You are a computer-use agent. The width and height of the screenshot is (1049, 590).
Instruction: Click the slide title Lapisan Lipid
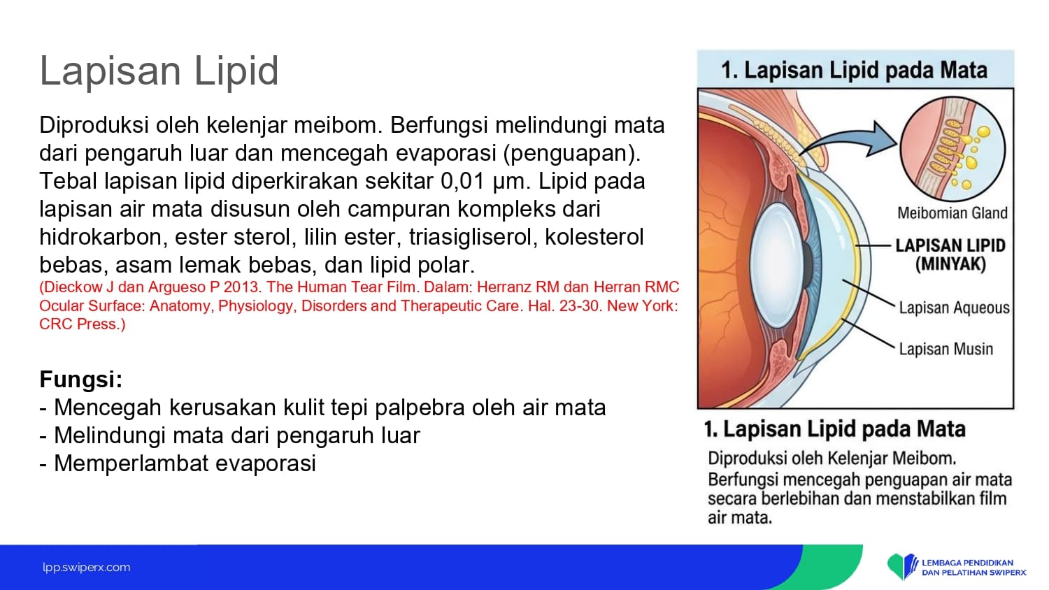pyautogui.click(x=159, y=71)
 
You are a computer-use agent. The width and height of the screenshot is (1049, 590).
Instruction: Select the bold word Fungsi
pyautogui.click(x=80, y=380)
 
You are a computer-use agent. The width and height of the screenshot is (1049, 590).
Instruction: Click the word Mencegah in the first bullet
pyautogui.click(x=108, y=408)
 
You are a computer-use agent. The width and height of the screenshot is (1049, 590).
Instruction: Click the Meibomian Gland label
pyautogui.click(x=952, y=213)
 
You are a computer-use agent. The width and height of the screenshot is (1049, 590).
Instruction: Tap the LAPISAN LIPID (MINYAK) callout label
pyautogui.click(x=950, y=254)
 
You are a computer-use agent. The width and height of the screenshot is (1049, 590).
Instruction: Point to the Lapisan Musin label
pyautogui.click(x=946, y=349)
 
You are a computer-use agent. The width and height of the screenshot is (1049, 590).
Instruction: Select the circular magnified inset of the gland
pyautogui.click(x=952, y=149)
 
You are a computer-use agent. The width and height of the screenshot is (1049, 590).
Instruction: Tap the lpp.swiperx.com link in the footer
pyautogui.click(x=87, y=568)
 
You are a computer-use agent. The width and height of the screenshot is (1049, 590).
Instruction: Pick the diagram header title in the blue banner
pyautogui.click(x=855, y=70)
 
